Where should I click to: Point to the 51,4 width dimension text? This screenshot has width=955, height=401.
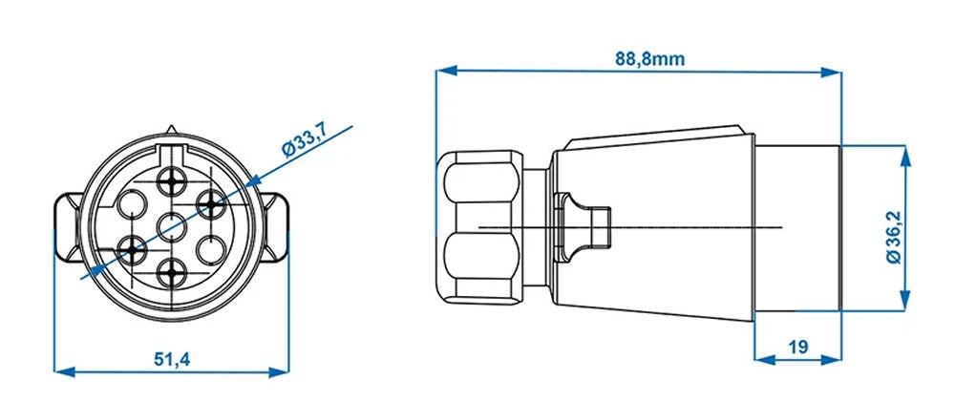point(172,358)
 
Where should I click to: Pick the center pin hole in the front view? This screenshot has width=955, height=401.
point(173,227)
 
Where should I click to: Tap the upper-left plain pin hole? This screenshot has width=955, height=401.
point(132,203)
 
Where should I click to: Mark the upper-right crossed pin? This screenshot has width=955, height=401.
point(210,202)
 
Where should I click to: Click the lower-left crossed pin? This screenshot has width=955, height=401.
point(132,251)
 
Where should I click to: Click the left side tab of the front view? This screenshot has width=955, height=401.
point(64,227)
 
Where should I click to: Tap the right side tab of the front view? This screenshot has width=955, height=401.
point(281,227)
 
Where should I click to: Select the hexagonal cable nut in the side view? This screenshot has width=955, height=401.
point(482,226)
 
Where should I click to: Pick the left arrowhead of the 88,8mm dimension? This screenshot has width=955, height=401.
point(442,70)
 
